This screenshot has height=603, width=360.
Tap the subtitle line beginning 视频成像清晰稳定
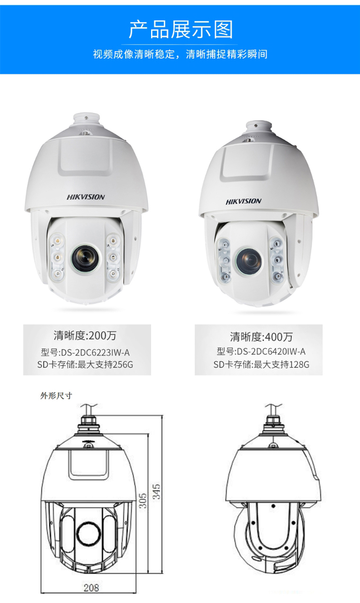coord(180,54)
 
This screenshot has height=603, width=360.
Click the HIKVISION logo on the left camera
coord(86,197)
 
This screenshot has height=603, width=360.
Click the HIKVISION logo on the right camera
coord(243,201)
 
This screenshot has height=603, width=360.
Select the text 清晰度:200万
coord(85,336)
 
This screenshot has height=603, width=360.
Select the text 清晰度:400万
coord(261,337)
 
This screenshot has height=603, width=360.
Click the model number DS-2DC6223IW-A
coord(95,352)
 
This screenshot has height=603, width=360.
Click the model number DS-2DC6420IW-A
coord(271,351)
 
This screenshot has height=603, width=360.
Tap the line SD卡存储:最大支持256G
coord(85,364)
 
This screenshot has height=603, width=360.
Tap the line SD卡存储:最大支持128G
coord(261,364)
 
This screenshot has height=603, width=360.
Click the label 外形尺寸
coord(56,396)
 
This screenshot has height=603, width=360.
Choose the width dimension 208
coord(91,588)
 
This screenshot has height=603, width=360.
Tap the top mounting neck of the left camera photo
coord(86,120)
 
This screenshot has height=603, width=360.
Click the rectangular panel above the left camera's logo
coord(86,156)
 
